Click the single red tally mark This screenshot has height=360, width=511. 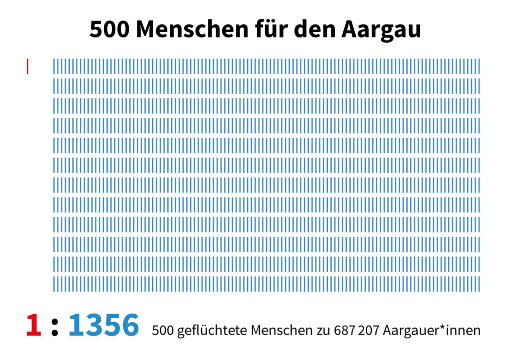(x=27, y=66)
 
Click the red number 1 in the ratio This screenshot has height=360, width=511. (x=33, y=325)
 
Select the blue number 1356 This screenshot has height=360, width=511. (x=103, y=325)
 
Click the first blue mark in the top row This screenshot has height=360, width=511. (x=54, y=66)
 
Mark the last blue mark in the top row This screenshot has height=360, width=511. (x=479, y=66)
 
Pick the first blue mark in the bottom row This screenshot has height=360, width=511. (x=54, y=284)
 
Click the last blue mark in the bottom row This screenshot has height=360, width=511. (x=479, y=284)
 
